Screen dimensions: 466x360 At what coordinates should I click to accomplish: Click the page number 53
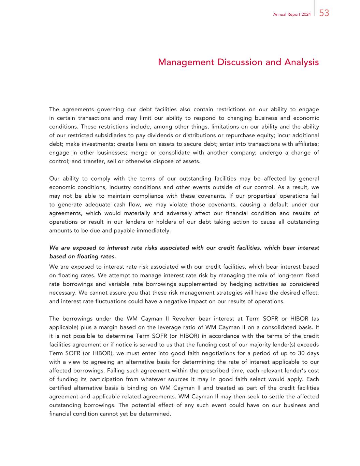coord(324,13)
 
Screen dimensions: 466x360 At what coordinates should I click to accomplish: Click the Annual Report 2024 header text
coord(292,14)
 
